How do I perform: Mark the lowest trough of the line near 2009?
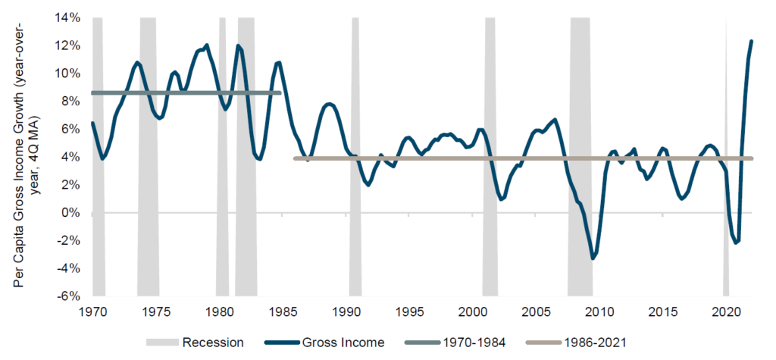(x=593, y=258)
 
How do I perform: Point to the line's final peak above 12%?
(x=751, y=41)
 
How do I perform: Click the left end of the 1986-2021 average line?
(x=295, y=158)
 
